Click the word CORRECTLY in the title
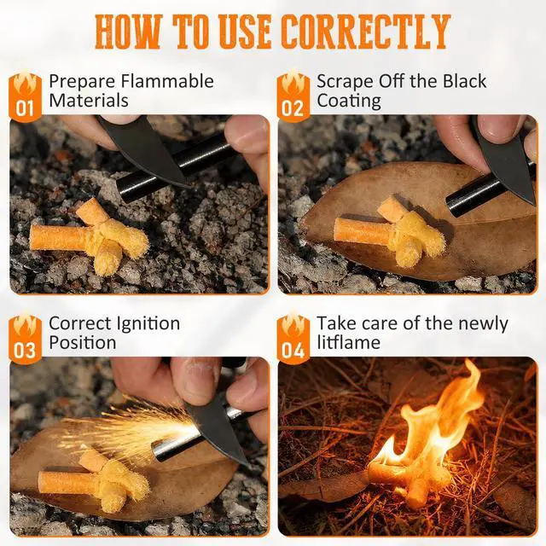(x=366, y=32)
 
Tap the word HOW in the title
(x=129, y=32)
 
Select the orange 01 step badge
(x=25, y=96)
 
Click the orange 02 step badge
(x=293, y=96)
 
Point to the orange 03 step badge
(x=25, y=340)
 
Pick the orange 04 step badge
(x=293, y=340)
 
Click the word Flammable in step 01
(x=167, y=81)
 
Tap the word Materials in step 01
(x=89, y=101)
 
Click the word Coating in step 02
(x=349, y=102)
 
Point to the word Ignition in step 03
(x=147, y=324)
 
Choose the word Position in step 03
(x=83, y=343)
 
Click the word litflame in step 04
(x=349, y=342)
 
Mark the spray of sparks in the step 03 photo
(x=129, y=430)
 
